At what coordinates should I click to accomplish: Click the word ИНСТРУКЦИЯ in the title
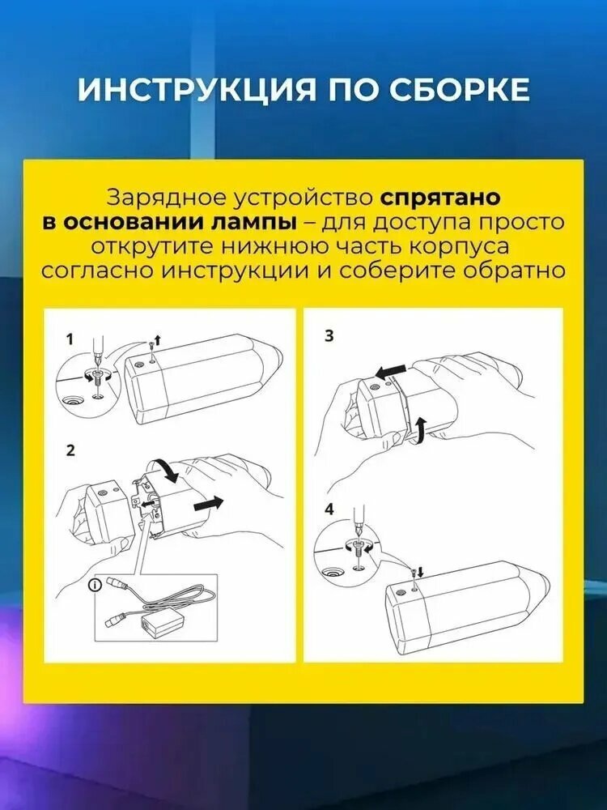[x=191, y=89]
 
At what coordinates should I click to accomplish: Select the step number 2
[x=70, y=451]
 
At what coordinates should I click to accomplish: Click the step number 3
[x=329, y=336]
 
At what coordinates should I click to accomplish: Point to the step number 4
[x=329, y=509]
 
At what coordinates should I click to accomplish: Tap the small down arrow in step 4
[x=419, y=572]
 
